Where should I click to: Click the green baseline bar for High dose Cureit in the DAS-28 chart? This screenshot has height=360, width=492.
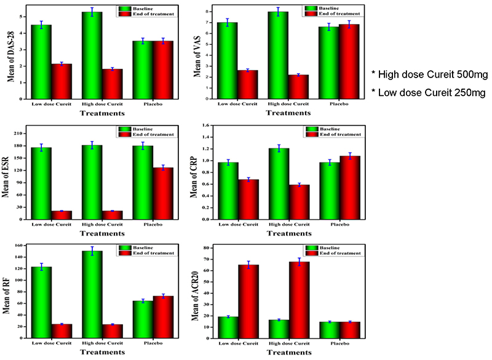pos(92,55)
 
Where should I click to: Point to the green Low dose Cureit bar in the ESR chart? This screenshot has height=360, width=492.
pos(41,183)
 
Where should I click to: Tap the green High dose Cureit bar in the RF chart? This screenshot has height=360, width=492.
pos(92,294)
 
